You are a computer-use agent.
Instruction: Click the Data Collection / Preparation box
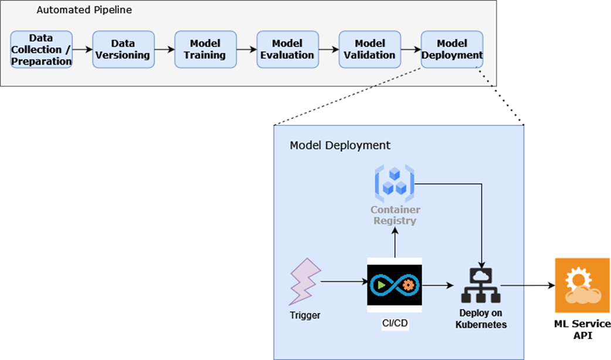[x=41, y=50]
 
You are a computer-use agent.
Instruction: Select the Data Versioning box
[x=123, y=50]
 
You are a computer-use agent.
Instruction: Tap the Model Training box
[x=205, y=50]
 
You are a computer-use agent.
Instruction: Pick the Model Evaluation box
[x=287, y=50]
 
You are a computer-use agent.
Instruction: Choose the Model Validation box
[x=369, y=50]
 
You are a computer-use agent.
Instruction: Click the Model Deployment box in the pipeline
[x=452, y=50]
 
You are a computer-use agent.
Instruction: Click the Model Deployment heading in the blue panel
[x=340, y=145]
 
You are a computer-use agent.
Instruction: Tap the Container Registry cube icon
[x=395, y=182]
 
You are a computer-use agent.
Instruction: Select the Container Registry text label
[x=395, y=215]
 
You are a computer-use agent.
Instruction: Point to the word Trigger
[x=305, y=315]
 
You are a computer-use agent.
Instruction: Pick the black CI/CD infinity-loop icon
[x=395, y=284]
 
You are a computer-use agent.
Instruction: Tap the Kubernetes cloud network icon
[x=481, y=285]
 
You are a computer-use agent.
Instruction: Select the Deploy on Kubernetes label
[x=481, y=319]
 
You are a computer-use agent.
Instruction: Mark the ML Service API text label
[x=582, y=330]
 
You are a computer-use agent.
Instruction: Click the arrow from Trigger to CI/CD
[x=343, y=282]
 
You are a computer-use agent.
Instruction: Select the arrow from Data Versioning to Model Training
[x=164, y=50]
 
